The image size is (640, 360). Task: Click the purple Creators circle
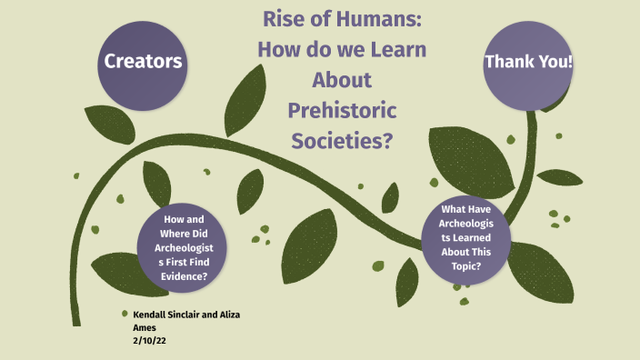pyautogui.click(x=144, y=63)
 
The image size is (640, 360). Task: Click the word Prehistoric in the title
pyautogui.click(x=343, y=110)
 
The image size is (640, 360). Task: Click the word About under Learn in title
pyautogui.click(x=342, y=79)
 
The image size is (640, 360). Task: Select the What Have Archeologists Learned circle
pyautogui.click(x=466, y=237)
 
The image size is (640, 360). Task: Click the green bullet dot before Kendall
pyautogui.click(x=125, y=314)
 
